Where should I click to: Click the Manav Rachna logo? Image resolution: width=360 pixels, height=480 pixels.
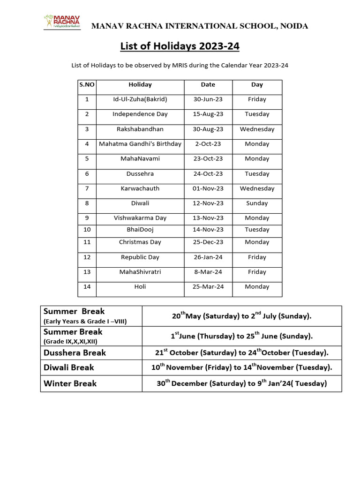click(62, 22)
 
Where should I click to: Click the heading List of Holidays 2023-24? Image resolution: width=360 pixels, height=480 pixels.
click(180, 46)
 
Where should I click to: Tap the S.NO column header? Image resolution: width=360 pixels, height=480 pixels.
click(87, 85)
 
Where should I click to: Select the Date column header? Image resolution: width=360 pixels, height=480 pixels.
click(208, 85)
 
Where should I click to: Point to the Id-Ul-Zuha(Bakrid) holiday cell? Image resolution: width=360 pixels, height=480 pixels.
click(140, 99)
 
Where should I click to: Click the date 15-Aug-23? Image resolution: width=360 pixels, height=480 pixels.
click(208, 114)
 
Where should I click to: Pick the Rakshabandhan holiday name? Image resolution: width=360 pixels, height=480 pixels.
click(140, 129)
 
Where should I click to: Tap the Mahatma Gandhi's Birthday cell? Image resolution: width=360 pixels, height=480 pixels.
click(140, 144)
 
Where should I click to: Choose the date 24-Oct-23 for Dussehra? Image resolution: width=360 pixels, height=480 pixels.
click(208, 173)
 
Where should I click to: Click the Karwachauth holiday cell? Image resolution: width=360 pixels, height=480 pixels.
click(140, 188)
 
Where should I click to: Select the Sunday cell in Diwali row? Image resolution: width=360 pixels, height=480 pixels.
click(257, 203)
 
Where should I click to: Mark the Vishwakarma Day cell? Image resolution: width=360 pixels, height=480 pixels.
click(140, 218)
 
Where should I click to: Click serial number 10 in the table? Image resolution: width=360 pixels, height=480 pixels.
click(87, 230)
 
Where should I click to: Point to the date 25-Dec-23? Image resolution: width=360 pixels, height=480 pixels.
click(208, 242)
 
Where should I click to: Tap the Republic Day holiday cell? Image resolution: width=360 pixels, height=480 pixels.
click(140, 257)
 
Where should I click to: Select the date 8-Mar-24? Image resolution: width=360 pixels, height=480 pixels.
click(208, 272)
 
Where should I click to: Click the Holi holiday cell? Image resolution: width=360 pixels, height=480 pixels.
click(140, 287)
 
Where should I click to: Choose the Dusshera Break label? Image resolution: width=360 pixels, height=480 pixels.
click(75, 353)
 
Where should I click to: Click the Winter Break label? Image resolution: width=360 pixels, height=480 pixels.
click(70, 383)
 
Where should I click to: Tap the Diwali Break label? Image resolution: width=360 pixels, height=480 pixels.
click(68, 367)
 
